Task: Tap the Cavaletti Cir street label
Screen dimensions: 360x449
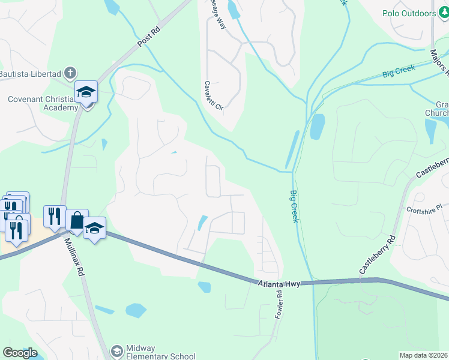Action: click(212, 96)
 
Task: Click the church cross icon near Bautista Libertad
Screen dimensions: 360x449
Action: click(71, 73)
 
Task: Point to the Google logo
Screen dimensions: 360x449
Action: click(20, 353)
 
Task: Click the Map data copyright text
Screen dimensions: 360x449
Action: click(424, 355)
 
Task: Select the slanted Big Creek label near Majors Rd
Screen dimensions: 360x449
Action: click(399, 72)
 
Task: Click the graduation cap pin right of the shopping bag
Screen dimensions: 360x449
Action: click(94, 229)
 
